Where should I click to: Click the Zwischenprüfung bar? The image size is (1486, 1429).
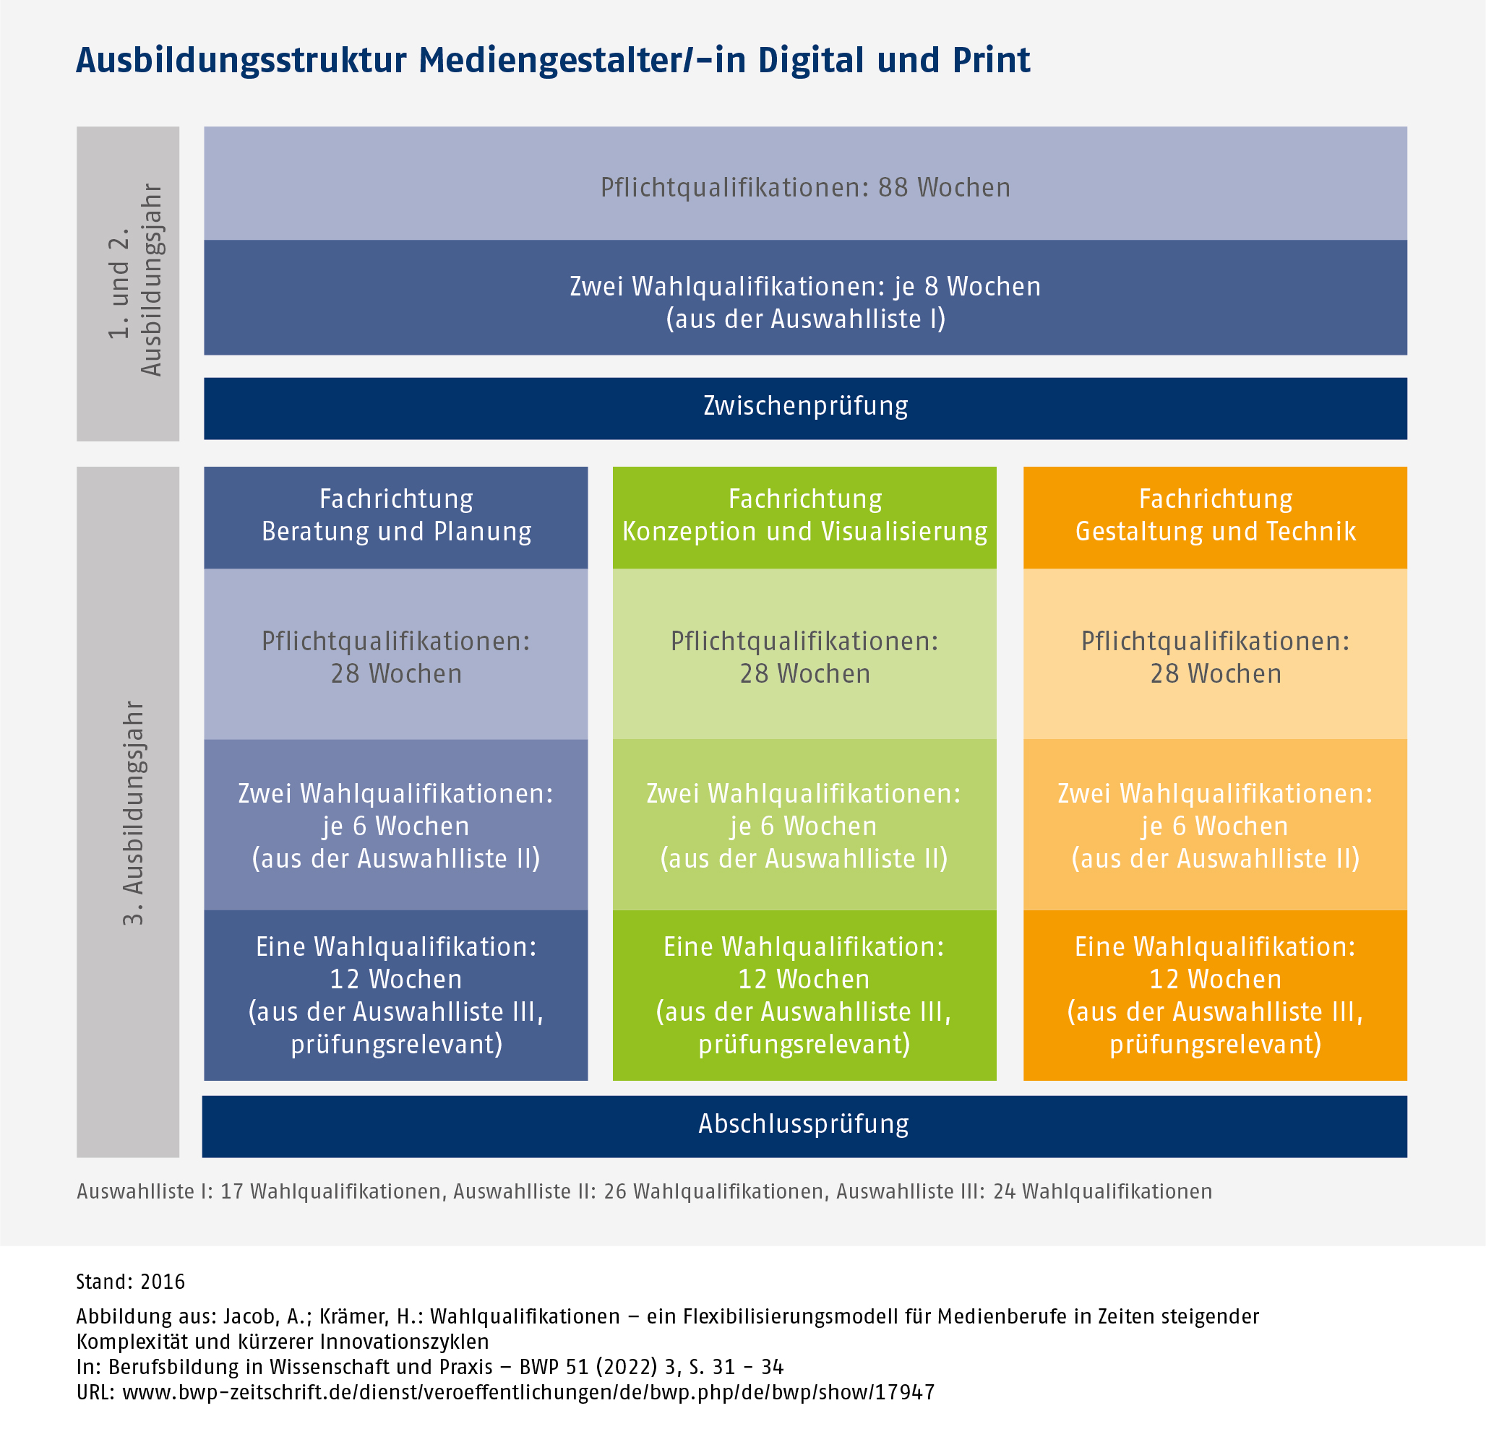[805, 407]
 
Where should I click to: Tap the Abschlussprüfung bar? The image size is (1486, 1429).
[804, 1125]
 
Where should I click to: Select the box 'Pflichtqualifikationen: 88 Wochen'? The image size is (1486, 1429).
[805, 186]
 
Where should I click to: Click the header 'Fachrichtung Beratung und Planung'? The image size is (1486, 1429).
[396, 516]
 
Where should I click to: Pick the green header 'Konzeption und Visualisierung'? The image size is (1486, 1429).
[804, 516]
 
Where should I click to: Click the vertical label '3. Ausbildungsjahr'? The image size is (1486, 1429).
[133, 812]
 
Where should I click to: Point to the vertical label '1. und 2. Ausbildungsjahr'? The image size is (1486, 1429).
[134, 280]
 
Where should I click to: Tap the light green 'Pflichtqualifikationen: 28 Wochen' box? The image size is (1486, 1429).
[804, 656]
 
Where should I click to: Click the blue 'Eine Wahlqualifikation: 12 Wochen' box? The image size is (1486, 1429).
[396, 994]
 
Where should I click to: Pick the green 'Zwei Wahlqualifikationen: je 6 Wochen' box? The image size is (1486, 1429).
[804, 825]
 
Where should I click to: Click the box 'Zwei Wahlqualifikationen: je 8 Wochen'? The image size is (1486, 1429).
[805, 301]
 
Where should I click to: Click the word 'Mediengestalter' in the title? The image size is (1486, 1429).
[544, 61]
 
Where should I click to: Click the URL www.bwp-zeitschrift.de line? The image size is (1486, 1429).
[506, 1392]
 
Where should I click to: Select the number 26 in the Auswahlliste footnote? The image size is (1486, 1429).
[614, 1192]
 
